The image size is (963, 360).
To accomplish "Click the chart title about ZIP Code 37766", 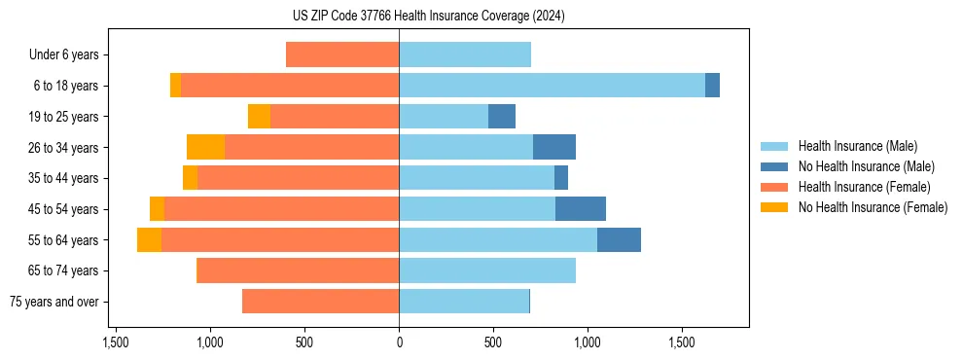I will coord(428,17).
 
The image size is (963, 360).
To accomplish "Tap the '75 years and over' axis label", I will coord(54,302).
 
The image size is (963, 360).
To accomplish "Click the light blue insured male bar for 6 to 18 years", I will coord(552,86).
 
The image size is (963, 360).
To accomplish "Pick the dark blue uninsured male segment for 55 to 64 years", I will coord(619,240).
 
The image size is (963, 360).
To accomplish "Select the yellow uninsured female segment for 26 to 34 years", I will coord(205,147).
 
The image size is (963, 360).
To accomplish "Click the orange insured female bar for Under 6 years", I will coord(342,55).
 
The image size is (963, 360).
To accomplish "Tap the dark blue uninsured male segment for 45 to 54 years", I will coord(581,209).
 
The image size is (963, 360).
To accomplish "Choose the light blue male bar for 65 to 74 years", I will coord(487,270).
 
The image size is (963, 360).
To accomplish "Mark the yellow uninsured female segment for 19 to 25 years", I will coord(259,117).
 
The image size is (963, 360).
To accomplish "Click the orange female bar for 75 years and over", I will coord(320,302).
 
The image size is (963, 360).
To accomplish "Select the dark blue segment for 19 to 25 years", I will coord(502,117).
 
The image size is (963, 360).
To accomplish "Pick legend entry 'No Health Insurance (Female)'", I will coord(873,207).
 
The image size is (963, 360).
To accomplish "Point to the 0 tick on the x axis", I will coord(399,342).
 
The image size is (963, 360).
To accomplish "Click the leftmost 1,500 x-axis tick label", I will coord(116,342).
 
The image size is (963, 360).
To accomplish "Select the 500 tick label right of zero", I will coord(493,342).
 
